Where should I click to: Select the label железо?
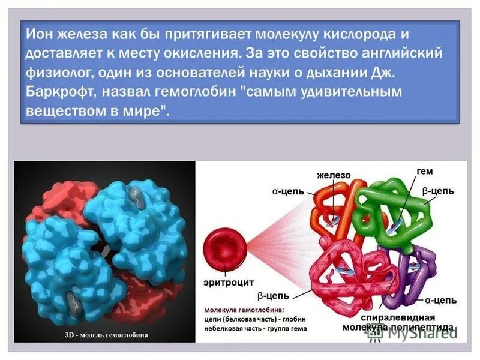tap(334, 175)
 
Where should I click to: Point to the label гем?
tap(424, 172)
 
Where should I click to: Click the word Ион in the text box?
tap(40, 34)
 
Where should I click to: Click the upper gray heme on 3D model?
tap(136, 196)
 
